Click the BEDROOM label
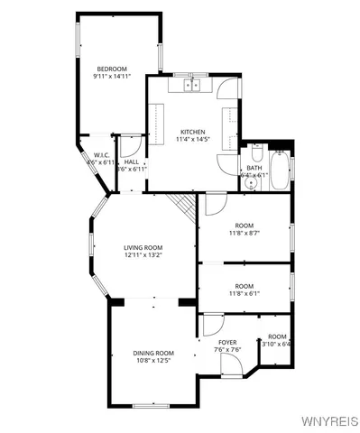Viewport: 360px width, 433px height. point(112,69)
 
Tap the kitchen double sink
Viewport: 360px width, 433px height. point(192,87)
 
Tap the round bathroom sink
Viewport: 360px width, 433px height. point(252,183)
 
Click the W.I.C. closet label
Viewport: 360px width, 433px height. point(101,155)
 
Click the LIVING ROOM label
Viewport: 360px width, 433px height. point(143,247)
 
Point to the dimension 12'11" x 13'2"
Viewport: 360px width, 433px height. point(143,255)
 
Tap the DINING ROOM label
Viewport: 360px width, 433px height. point(152,353)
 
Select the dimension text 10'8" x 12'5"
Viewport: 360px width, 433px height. point(152,361)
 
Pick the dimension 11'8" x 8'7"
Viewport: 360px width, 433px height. point(244,233)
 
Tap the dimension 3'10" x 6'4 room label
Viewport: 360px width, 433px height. point(275,344)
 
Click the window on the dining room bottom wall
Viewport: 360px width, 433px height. point(151,405)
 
